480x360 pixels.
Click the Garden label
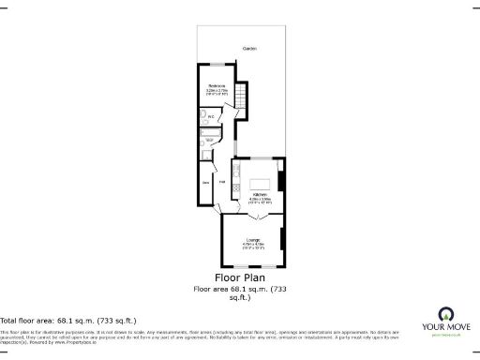pyautogui.click(x=249, y=48)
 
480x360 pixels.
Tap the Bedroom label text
pyautogui.click(x=217, y=85)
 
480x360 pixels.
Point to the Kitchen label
pyautogui.click(x=260, y=194)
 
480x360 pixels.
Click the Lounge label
pyautogui.click(x=252, y=241)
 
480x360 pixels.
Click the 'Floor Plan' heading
pyautogui.click(x=240, y=278)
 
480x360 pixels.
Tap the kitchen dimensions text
pyautogui.click(x=260, y=201)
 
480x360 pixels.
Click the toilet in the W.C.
pyautogui.click(x=202, y=116)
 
